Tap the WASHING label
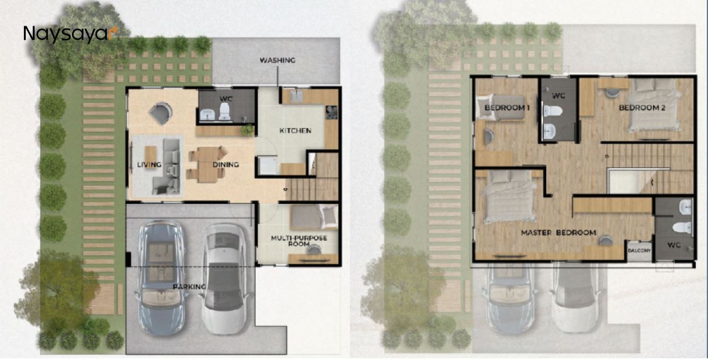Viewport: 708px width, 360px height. [x=277, y=60]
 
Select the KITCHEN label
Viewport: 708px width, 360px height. [x=296, y=130]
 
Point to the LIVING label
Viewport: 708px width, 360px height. [x=149, y=165]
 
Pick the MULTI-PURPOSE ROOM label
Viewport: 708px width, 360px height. [x=298, y=241]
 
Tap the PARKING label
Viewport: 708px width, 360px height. [x=189, y=287]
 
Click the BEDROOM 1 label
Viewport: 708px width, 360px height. [x=506, y=108]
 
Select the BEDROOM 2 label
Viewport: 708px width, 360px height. [x=643, y=108]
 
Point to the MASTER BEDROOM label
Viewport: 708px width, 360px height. [x=558, y=233]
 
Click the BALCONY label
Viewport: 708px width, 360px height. [x=639, y=251]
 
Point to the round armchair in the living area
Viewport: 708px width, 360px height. [x=160, y=113]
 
